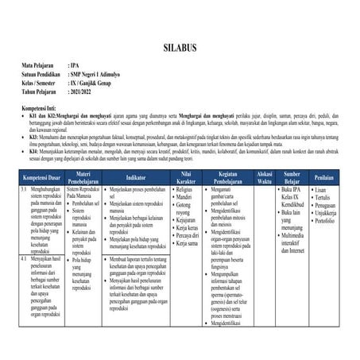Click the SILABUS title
point(180,47)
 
